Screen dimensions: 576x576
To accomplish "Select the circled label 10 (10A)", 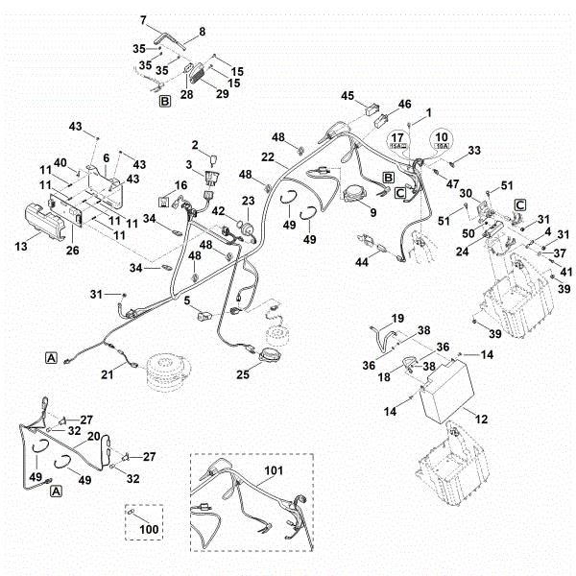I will click(441, 142).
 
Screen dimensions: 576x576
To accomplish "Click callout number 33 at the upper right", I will click(473, 151).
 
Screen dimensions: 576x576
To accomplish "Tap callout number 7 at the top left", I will click(144, 19).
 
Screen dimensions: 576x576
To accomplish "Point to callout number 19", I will click(397, 318).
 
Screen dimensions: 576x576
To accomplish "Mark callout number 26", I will click(71, 251).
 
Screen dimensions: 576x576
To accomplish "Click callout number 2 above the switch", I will click(194, 145).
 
